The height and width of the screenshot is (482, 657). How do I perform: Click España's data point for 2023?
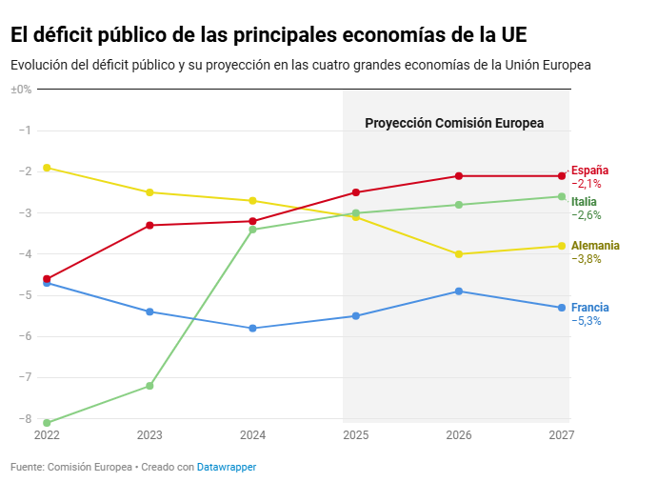pos(149,225)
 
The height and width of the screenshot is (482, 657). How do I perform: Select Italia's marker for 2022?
pos(47,423)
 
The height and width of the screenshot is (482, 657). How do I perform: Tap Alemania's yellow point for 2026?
pos(459,254)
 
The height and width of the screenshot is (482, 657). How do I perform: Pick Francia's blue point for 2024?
pos(252,328)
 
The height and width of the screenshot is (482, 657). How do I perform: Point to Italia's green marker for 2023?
pos(149,386)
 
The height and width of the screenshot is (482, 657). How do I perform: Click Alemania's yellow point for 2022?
pos(47,168)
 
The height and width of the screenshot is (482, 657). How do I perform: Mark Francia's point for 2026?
pos(459,291)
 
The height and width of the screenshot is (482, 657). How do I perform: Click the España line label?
pos(589,171)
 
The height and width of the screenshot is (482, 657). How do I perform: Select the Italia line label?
pos(584,202)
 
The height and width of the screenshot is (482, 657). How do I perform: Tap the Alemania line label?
pos(595,246)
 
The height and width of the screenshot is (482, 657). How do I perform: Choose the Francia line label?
pos(589,308)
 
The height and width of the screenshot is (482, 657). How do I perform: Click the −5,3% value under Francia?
pos(587,321)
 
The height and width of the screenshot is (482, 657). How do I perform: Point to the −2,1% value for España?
pos(587,184)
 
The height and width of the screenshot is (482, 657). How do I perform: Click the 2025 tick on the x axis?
pos(356,435)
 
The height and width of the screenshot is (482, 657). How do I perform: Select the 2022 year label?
pos(47,435)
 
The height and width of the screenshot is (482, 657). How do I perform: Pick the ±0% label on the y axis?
pos(21,89)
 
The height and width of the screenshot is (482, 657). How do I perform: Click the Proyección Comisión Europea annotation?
pos(454,123)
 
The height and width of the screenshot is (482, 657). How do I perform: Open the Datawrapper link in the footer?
pos(227,467)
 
